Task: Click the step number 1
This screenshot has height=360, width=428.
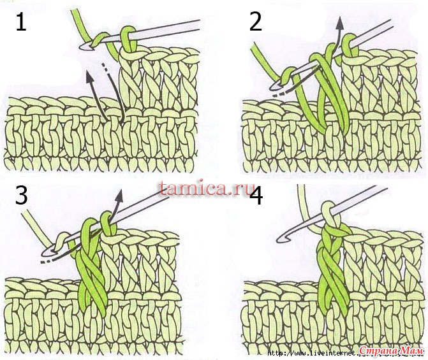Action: [x=21, y=22]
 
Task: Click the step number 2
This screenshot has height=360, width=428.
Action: [x=256, y=21]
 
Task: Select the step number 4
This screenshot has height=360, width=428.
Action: [x=256, y=195]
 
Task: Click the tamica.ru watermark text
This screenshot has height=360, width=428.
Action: [x=205, y=187]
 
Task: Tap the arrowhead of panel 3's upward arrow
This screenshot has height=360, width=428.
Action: [x=119, y=195]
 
